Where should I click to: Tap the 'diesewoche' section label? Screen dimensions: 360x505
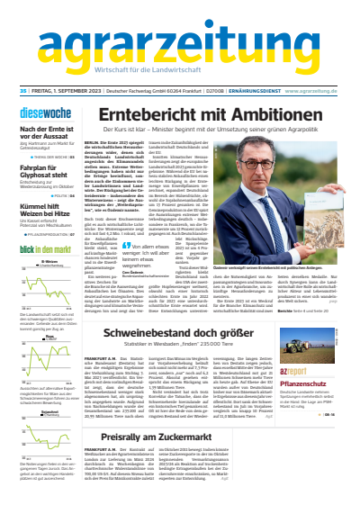[x=36, y=113]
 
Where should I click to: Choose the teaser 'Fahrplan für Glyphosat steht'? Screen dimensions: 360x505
[x=41, y=169]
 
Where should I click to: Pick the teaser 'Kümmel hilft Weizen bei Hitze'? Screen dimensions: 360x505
[x=41, y=210]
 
